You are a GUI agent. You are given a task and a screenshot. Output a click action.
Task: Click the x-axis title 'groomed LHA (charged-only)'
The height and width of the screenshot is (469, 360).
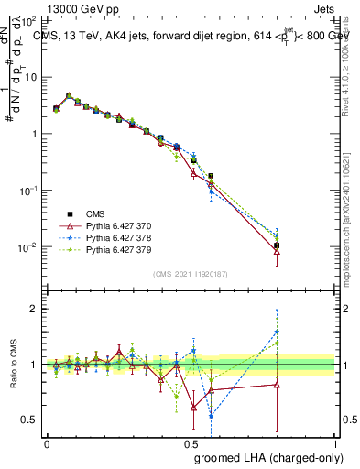tap(263, 459)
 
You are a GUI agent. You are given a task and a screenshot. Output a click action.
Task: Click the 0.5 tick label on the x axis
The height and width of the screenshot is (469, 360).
tap(191, 443)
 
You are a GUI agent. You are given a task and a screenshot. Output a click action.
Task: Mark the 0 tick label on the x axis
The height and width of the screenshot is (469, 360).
tap(47, 443)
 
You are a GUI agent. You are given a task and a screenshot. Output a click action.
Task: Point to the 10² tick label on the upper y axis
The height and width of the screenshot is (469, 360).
tap(30, 20)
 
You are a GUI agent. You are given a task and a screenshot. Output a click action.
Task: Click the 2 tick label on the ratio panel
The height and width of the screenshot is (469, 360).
tap(34, 309)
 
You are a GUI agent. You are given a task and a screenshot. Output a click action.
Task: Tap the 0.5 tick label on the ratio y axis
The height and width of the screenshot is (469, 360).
tap(30, 420)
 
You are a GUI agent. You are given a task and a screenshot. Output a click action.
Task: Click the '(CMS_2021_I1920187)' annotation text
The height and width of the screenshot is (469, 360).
tap(190, 274)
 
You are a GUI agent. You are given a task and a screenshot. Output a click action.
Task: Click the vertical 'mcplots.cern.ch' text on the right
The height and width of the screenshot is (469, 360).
tap(349, 238)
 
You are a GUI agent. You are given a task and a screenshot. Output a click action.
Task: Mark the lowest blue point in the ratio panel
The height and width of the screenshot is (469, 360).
tap(211, 416)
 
